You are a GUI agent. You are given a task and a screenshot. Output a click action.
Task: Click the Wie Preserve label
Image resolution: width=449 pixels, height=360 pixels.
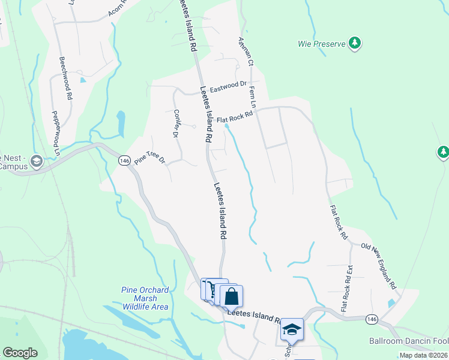click(321, 44)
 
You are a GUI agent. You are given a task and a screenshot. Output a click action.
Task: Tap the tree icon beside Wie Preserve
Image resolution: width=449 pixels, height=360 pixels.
click(355, 43)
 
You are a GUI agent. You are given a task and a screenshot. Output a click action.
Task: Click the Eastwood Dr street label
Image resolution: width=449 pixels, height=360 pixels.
click(224, 87)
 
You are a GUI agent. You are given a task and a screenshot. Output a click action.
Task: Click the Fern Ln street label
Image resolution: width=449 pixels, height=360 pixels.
click(253, 97)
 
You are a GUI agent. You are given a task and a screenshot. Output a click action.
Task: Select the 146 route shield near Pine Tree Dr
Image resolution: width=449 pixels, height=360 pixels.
click(124, 161)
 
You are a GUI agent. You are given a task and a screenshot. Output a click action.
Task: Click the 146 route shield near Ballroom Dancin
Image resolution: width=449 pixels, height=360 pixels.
click(372, 320)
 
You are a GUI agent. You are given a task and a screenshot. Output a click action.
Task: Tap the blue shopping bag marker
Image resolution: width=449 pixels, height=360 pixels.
click(231, 296)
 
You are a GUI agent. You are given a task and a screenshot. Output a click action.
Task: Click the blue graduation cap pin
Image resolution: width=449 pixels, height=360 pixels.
click(292, 329)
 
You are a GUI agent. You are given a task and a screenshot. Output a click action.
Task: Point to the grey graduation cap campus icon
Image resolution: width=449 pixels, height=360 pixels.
click(36, 161)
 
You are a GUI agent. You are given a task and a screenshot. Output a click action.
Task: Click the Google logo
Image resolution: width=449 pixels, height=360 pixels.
click(20, 353)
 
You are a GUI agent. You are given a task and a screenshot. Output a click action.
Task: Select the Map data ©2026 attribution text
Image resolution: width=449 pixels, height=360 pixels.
click(423, 355)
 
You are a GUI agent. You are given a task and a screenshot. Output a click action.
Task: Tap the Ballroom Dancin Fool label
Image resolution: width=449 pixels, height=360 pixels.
click(408, 341)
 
